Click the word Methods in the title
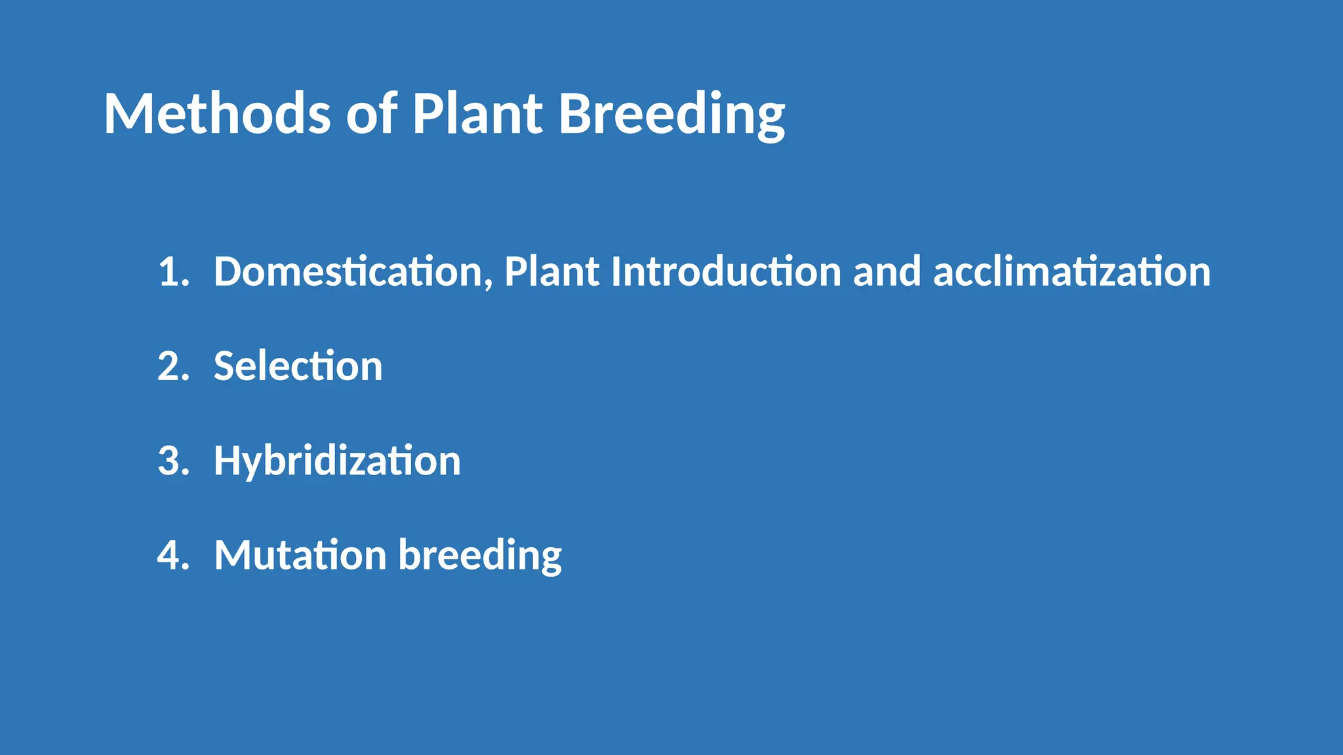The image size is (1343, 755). (x=217, y=114)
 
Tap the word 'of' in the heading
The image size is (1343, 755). (x=371, y=114)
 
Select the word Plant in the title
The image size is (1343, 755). (x=477, y=114)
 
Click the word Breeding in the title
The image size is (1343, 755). (x=671, y=114)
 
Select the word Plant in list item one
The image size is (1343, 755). (x=551, y=271)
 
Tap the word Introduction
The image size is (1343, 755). (x=726, y=271)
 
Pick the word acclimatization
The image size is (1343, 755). (x=1072, y=271)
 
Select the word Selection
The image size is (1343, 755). (x=298, y=366)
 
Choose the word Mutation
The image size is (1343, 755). (x=300, y=555)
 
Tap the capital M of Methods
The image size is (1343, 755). (x=129, y=114)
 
